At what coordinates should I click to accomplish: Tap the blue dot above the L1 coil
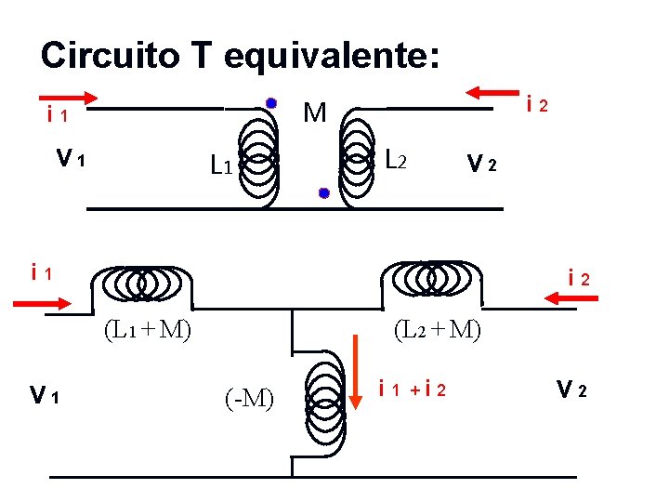click(x=270, y=102)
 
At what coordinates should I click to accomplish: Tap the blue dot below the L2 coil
click(x=323, y=193)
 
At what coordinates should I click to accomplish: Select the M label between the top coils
click(x=315, y=113)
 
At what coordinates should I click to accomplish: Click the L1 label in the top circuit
click(x=220, y=167)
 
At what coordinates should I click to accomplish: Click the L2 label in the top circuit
click(x=395, y=161)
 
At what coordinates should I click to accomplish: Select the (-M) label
click(x=248, y=400)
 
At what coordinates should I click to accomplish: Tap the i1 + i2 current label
click(x=413, y=389)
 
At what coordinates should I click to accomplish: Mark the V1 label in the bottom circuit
click(x=45, y=398)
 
